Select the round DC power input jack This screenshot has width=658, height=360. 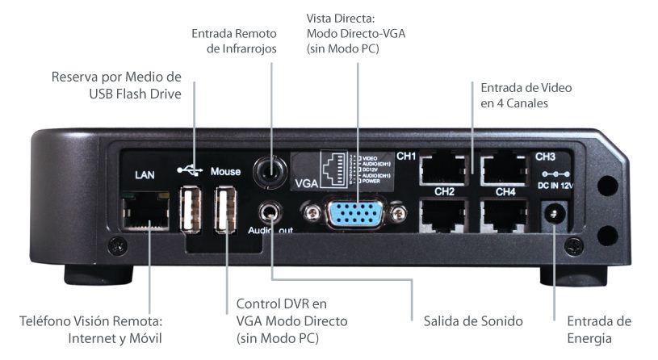point(555,214)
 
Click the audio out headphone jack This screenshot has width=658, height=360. point(270,212)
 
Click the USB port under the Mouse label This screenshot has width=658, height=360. point(225,210)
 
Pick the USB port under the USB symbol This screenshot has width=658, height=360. point(191,210)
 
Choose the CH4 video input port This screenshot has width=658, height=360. point(505,216)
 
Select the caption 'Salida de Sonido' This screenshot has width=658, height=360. point(473,321)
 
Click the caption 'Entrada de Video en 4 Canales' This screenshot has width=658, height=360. point(526,95)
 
